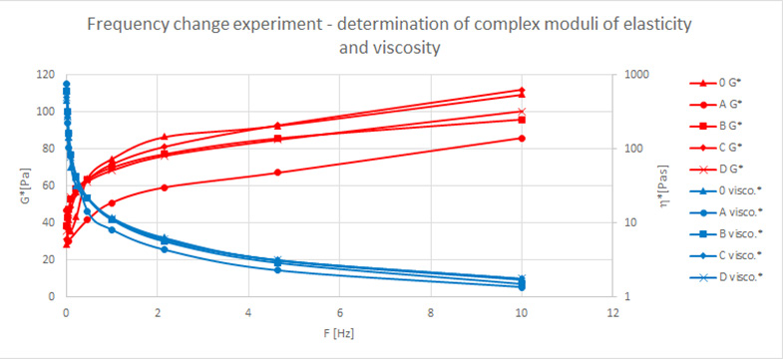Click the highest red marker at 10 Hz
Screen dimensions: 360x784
click(x=522, y=90)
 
